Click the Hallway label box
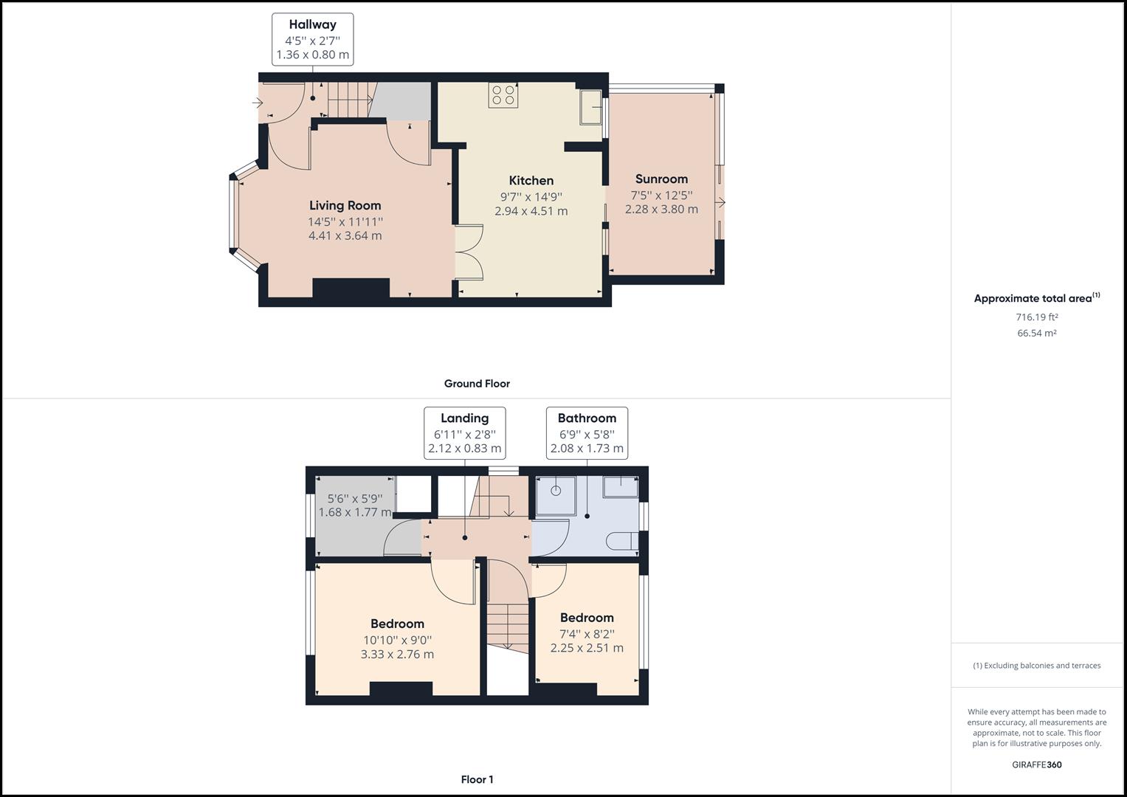coord(312,39)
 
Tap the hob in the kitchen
coord(503,94)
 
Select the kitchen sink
coord(590,107)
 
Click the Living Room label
coord(345,205)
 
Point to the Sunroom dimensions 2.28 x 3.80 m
coord(661,209)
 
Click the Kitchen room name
coord(531,180)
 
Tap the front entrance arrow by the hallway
coord(258,103)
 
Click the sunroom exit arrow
coord(721,202)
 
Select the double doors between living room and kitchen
coord(469,252)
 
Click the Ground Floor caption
coord(477,384)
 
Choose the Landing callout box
coord(464,432)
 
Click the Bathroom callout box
coord(587,432)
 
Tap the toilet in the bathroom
coord(624,540)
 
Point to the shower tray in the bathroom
coord(555,492)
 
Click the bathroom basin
coord(621,486)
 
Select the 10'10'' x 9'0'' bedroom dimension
coord(397,640)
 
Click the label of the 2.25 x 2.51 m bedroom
coord(587,618)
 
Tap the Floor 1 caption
coord(477,779)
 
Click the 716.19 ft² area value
coord(1036,317)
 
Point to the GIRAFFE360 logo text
coord(1036,765)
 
